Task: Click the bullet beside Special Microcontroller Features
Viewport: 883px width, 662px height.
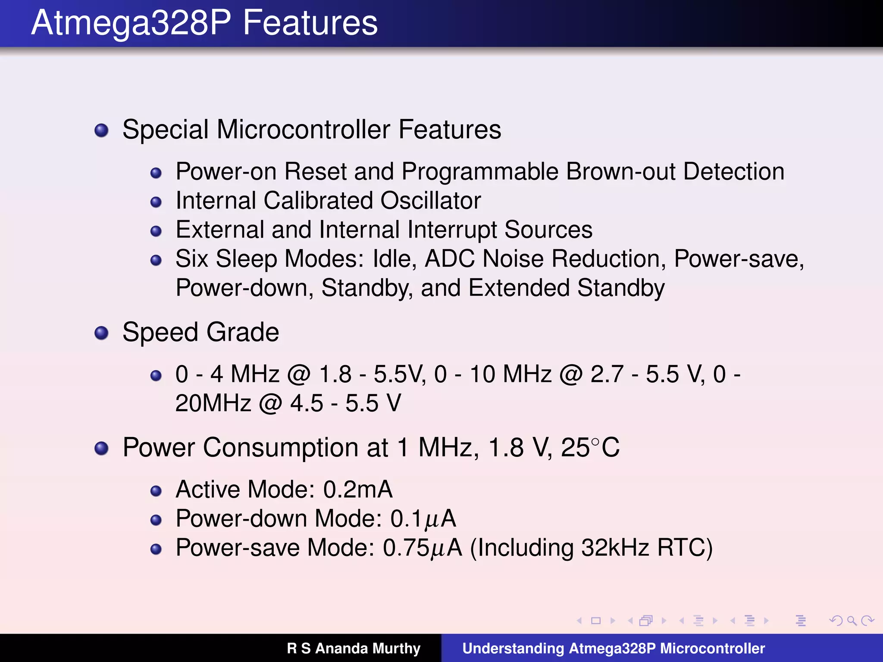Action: point(101,130)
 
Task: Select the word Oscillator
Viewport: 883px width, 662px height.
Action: point(430,201)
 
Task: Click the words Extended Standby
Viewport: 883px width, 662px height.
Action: point(566,288)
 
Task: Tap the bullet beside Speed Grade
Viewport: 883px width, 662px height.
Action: point(101,333)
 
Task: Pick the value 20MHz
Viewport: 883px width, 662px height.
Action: point(213,403)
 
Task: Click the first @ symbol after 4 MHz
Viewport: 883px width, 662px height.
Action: point(299,374)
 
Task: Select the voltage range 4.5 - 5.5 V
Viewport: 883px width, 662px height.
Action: point(345,403)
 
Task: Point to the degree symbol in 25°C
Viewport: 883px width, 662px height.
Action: point(595,442)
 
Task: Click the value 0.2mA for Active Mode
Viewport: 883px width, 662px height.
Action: point(357,490)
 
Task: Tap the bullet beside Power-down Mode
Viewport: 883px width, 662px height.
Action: point(156,520)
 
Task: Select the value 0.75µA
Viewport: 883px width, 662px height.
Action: point(422,548)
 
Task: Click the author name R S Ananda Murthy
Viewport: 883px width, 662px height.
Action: point(354,648)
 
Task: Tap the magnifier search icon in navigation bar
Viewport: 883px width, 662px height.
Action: point(852,621)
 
